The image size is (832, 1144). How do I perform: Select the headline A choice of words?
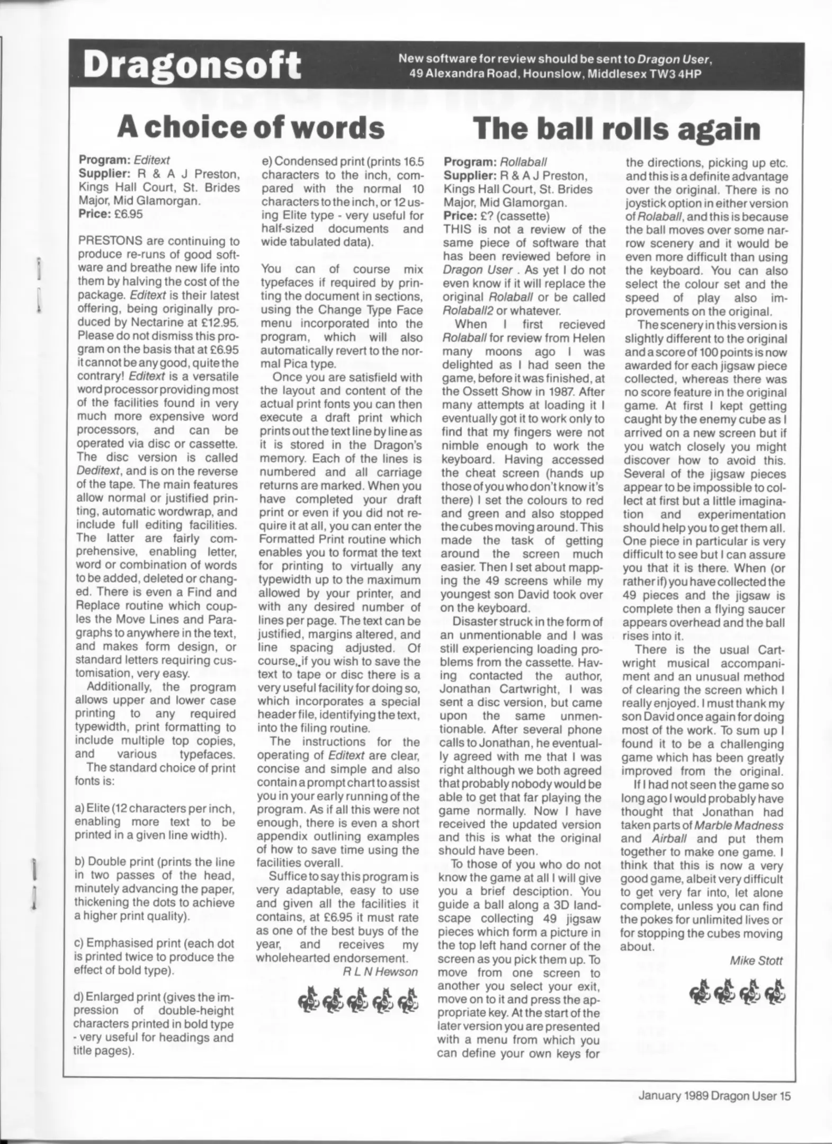(x=250, y=127)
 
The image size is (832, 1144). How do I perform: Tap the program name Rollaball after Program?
(x=523, y=162)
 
